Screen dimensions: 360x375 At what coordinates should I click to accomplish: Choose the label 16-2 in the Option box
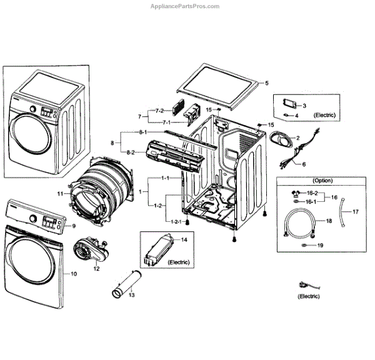(x=311, y=194)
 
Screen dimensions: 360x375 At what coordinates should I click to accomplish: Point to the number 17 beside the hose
(x=356, y=212)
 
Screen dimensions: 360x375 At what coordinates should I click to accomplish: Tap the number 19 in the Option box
(x=320, y=246)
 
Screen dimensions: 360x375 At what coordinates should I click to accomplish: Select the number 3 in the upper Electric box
(x=304, y=106)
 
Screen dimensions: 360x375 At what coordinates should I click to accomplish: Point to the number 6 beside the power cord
(x=304, y=165)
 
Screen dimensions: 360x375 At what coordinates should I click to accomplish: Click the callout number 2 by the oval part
(x=298, y=137)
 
